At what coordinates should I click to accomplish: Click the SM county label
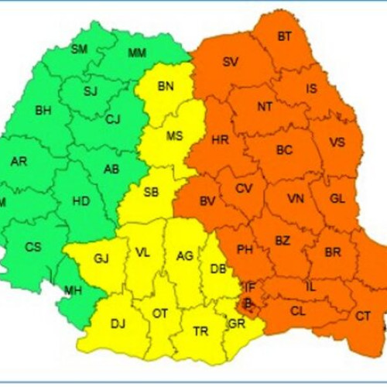click(79, 49)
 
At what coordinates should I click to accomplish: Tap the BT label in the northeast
click(285, 36)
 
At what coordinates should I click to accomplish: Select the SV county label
click(231, 62)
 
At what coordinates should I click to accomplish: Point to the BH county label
click(43, 111)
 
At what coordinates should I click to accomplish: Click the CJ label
click(113, 118)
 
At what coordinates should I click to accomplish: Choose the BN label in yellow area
click(166, 86)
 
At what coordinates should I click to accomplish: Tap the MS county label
click(175, 135)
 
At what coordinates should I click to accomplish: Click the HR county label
click(220, 140)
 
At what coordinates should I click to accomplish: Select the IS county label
click(311, 88)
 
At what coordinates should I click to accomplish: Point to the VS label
click(337, 142)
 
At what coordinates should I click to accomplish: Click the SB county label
click(151, 191)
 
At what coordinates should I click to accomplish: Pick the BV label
click(207, 201)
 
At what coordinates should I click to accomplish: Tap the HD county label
click(81, 200)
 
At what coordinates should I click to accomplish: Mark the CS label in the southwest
click(33, 247)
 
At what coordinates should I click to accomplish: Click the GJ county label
click(101, 259)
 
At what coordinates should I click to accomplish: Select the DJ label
click(118, 324)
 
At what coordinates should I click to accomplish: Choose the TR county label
click(200, 331)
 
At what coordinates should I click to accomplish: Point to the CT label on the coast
click(363, 315)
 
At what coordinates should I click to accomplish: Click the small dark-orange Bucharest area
click(248, 303)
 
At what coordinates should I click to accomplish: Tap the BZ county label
click(283, 241)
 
